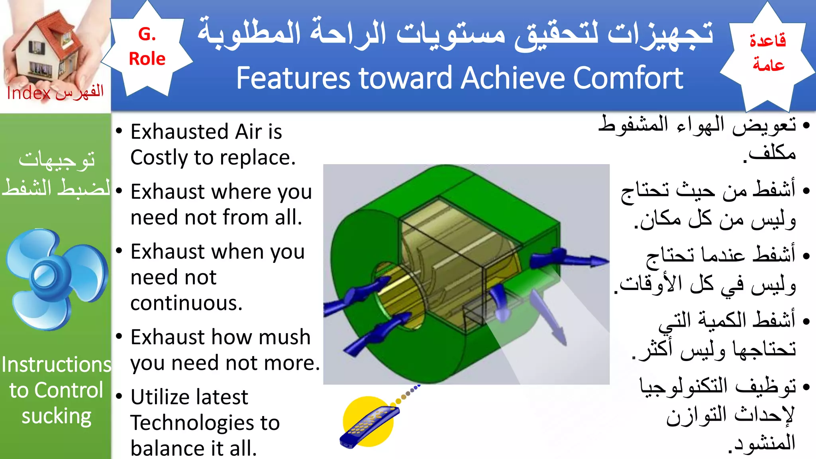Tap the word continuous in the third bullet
coord(186,303)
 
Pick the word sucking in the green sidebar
coord(56,416)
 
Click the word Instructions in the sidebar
coord(56,365)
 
